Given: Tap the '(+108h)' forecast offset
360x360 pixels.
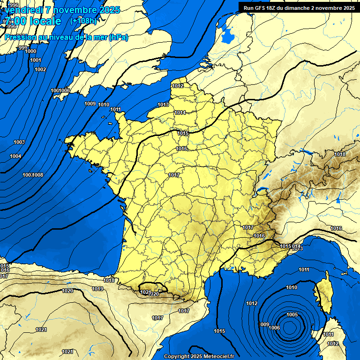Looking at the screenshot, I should tap(83, 21).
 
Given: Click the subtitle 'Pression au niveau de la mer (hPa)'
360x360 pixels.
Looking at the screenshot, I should tap(66, 37).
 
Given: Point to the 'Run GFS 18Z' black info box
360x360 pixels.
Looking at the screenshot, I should tap(299, 7).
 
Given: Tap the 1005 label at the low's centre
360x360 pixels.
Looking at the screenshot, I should tap(292, 315).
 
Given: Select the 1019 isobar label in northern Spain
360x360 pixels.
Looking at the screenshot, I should tap(97, 289).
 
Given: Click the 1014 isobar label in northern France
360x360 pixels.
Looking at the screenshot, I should tap(180, 112).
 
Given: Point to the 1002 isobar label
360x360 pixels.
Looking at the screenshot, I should tap(40, 70).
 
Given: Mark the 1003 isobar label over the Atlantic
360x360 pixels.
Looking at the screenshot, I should tap(19, 142).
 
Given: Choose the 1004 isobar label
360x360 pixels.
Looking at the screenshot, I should tap(15, 156).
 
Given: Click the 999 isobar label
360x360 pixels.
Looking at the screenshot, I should tap(22, 48).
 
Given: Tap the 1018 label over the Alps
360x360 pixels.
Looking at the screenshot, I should tap(340, 154).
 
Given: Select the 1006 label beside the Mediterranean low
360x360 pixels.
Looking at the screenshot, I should tap(275, 328).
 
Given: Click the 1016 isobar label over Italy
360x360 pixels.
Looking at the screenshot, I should tap(336, 228).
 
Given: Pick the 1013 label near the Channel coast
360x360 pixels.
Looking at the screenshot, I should tap(163, 105).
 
